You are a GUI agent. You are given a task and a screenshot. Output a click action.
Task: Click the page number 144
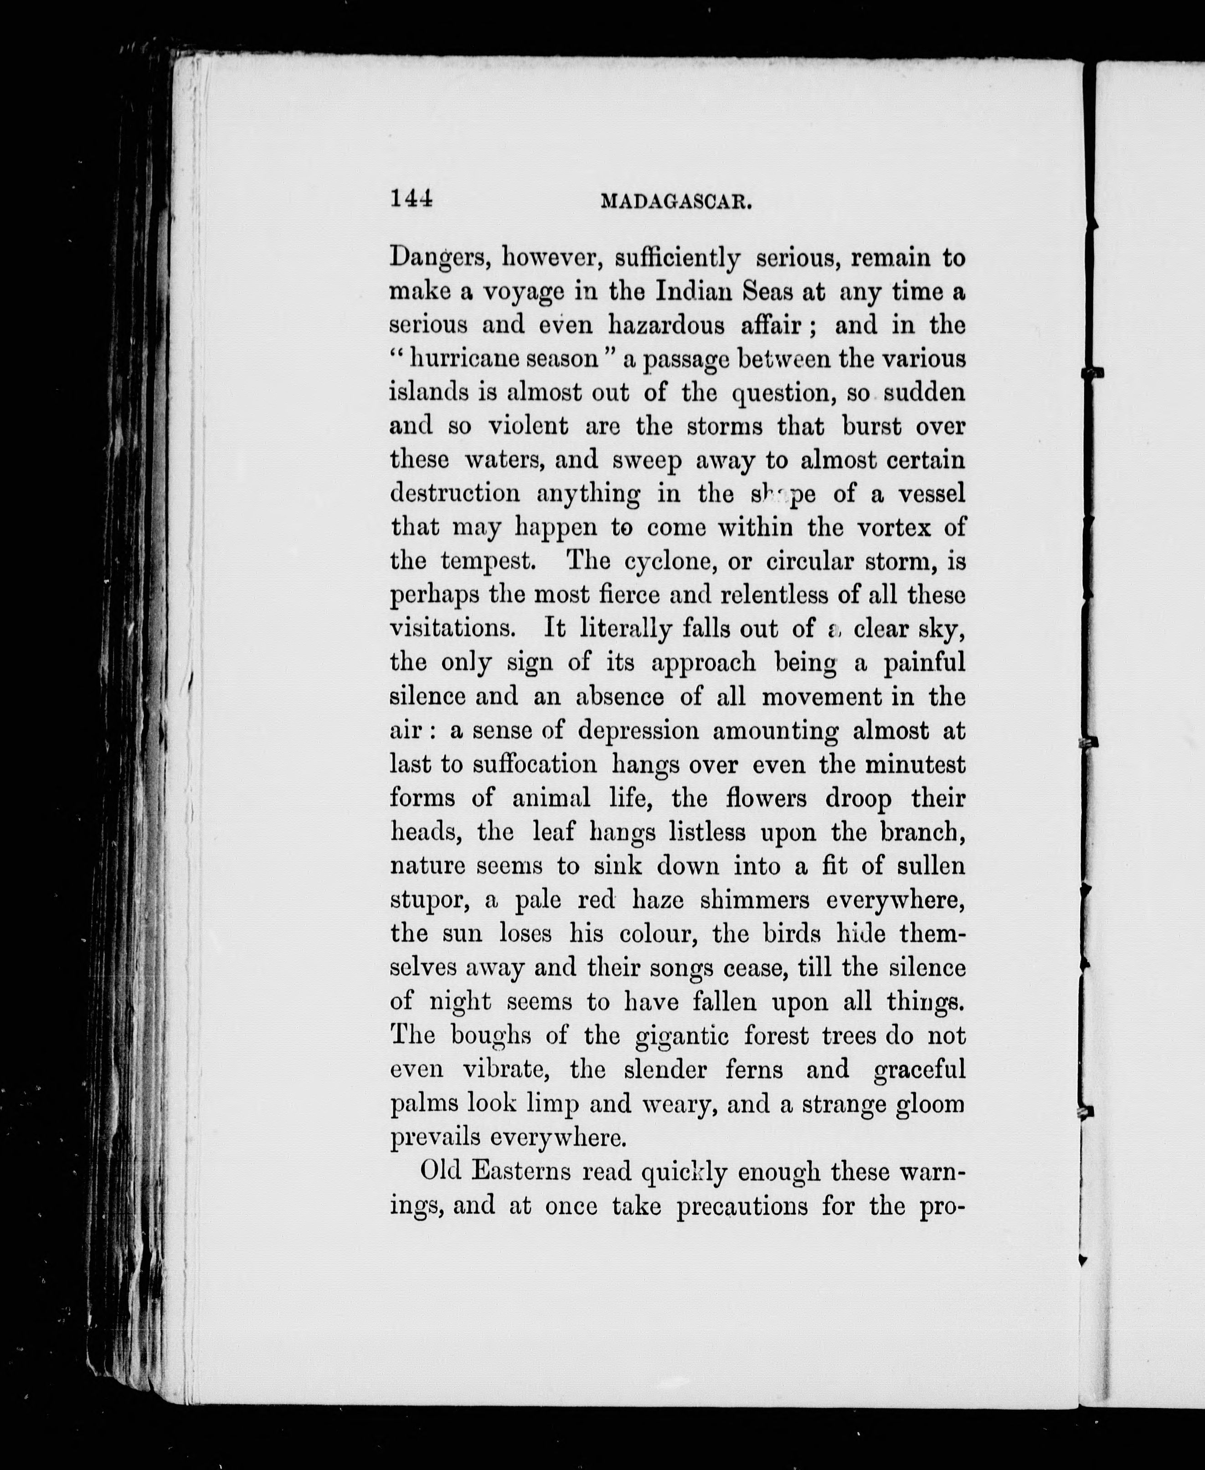(x=412, y=199)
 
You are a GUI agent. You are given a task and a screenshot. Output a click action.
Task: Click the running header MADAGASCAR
(x=677, y=202)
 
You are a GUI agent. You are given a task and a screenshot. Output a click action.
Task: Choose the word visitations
(x=453, y=628)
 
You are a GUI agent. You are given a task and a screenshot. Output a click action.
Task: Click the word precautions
(x=742, y=1206)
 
